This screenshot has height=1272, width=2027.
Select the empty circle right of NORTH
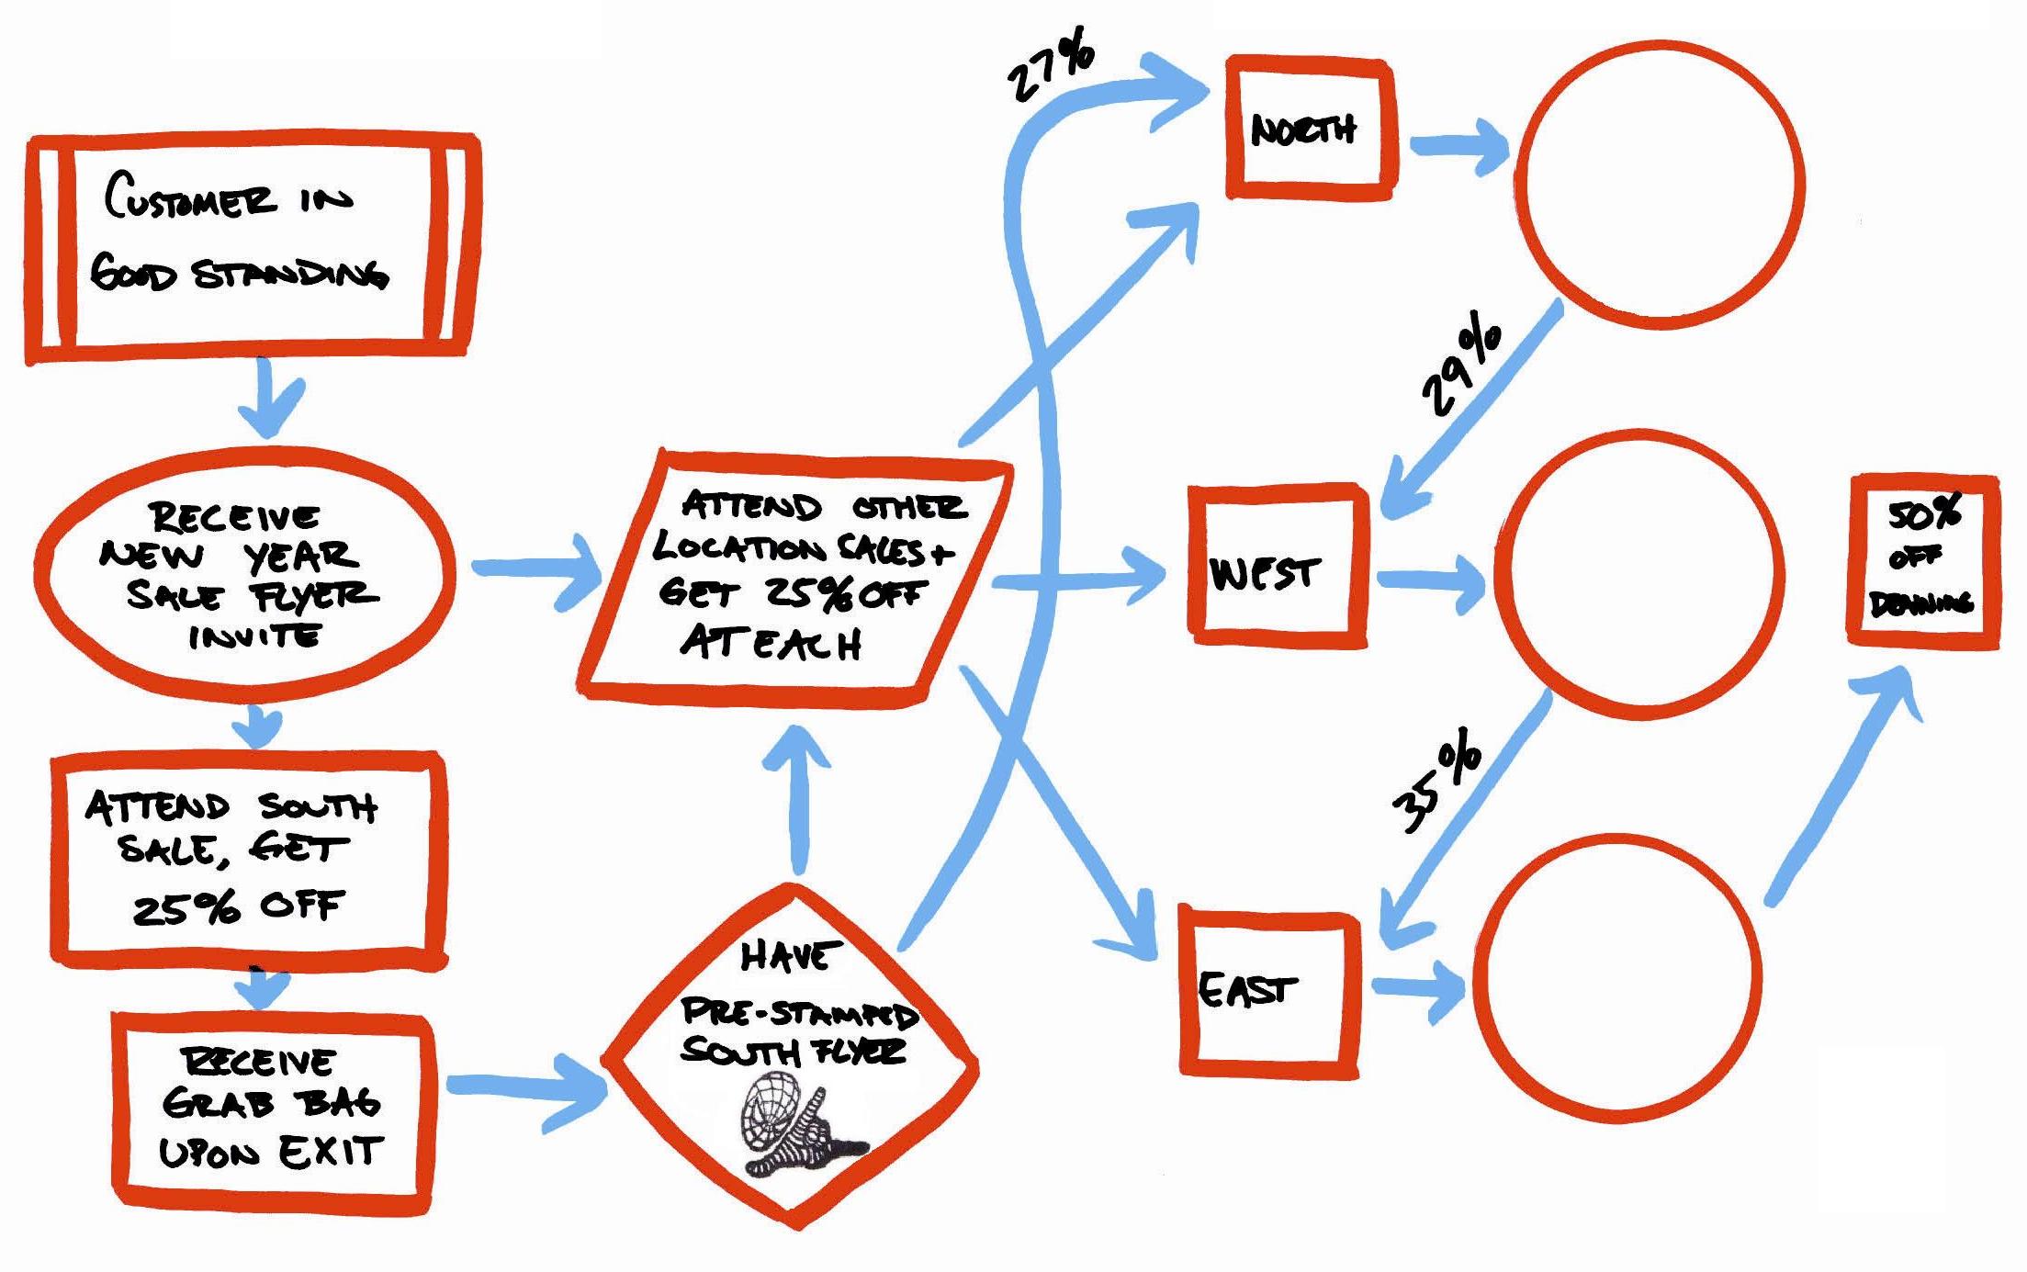1660,184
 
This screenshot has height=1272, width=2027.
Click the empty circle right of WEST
1639,574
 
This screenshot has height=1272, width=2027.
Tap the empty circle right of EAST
1617,978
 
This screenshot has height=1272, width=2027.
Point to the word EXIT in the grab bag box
331,1152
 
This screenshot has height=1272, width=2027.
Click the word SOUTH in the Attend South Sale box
318,807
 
